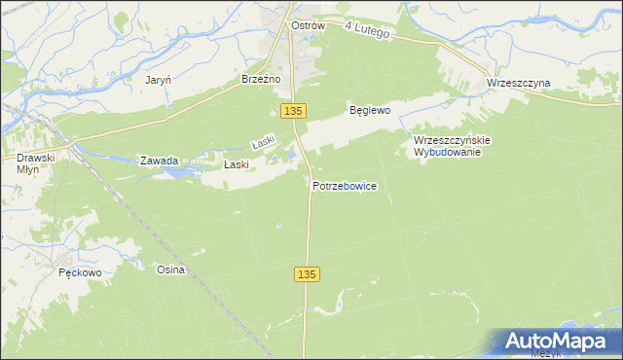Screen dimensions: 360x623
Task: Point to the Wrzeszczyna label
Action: coord(518,84)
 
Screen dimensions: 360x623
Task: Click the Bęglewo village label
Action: coord(370,111)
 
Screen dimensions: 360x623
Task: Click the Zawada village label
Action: coord(159,161)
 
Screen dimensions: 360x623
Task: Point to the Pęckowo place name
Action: coord(80,272)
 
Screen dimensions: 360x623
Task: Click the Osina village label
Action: coord(170,270)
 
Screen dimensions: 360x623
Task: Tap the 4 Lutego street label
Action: coord(367,33)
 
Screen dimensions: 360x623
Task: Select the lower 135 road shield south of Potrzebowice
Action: coord(306,276)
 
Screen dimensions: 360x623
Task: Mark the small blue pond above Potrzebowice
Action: coord(284,156)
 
